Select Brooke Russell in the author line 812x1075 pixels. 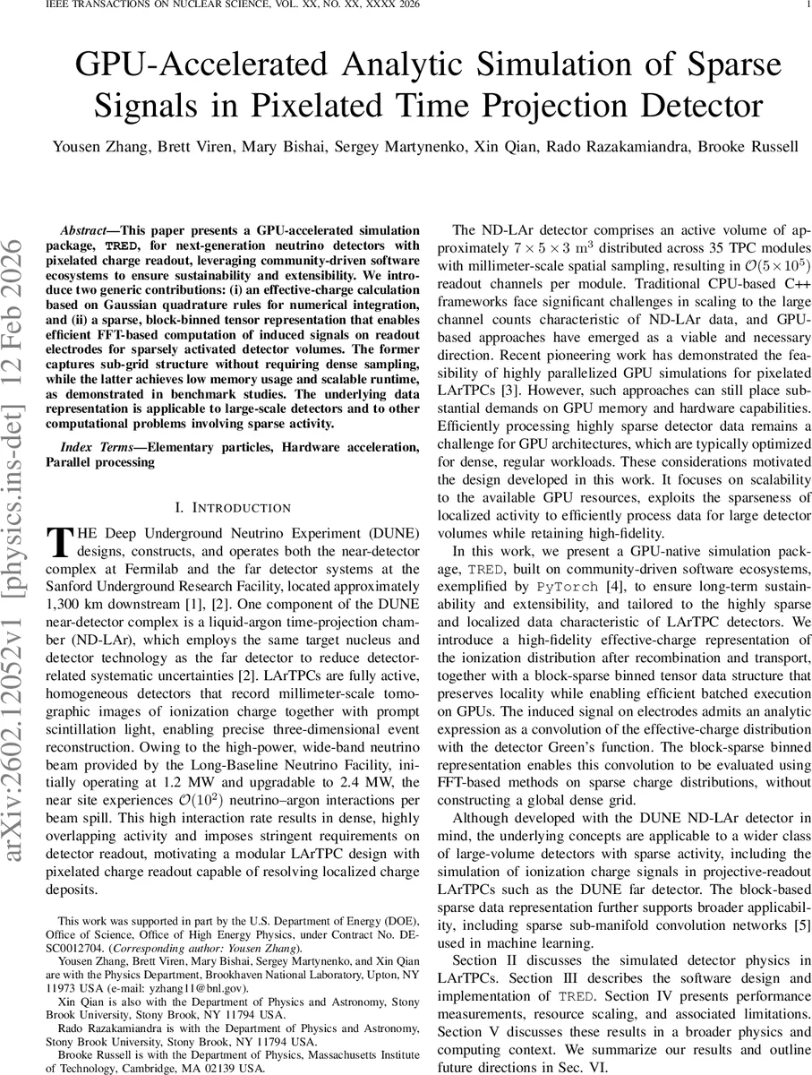tap(751, 145)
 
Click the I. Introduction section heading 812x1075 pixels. tap(233, 508)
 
